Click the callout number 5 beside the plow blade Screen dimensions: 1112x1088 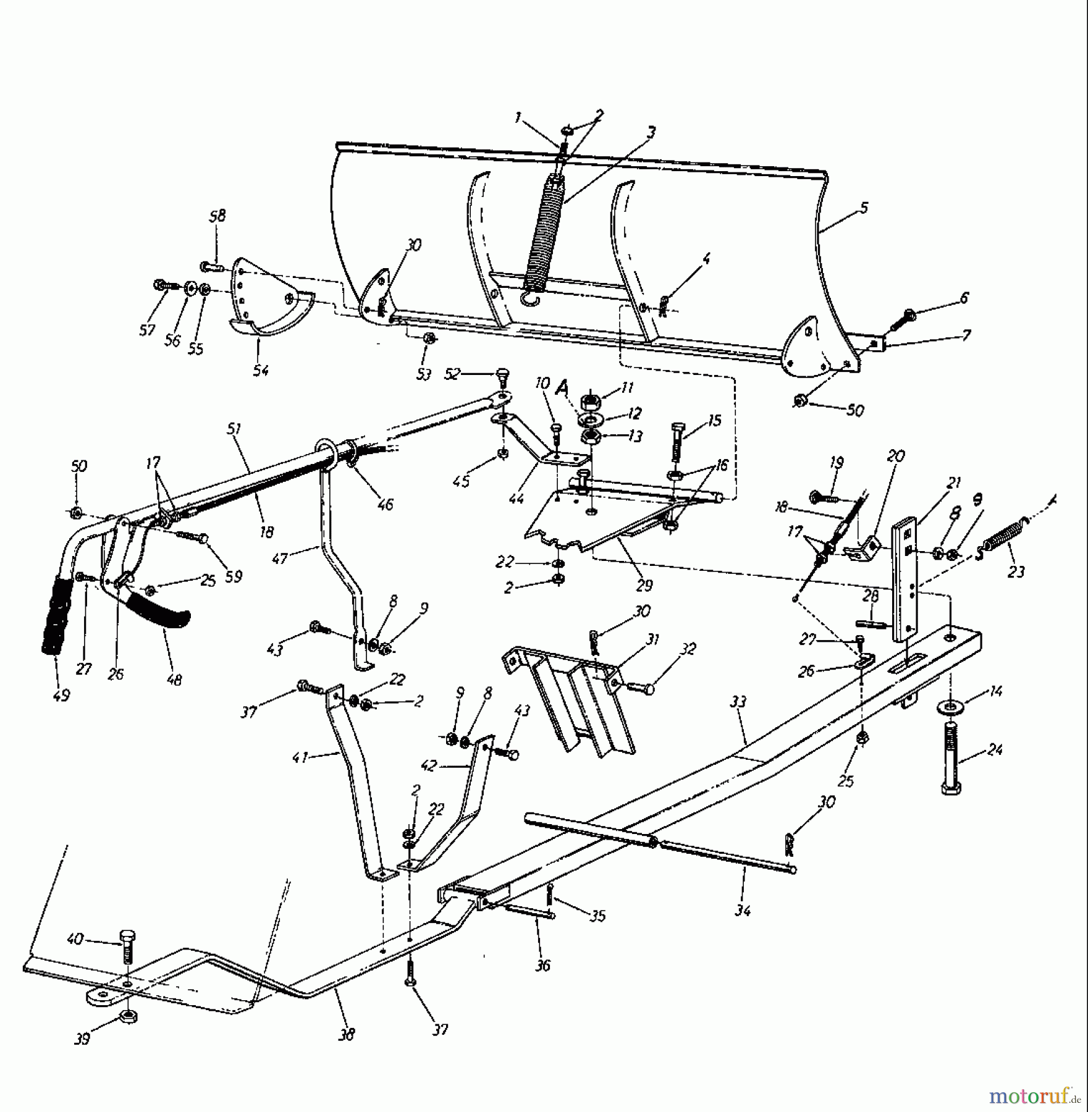863,208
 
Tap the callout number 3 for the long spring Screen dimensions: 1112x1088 651,132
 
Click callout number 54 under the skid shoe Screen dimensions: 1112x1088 261,370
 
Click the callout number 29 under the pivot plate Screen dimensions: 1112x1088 644,584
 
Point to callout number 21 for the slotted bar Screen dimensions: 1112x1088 954,482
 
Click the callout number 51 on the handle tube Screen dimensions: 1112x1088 234,429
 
